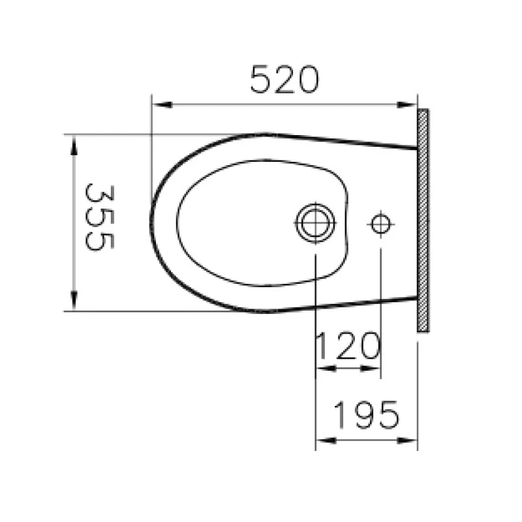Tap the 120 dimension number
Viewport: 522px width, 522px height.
click(347, 346)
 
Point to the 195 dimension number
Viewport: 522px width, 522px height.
click(365, 415)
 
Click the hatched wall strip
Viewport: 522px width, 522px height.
click(423, 221)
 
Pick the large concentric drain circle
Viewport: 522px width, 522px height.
click(315, 223)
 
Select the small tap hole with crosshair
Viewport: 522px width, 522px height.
click(380, 224)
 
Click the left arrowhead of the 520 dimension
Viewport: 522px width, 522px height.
click(157, 104)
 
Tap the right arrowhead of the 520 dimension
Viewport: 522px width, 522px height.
click(410, 104)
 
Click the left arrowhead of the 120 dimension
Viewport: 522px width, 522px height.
click(322, 369)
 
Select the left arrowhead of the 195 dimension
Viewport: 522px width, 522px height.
click(322, 440)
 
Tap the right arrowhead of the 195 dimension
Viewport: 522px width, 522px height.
click(411, 440)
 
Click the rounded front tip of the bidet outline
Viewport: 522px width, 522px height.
click(152, 222)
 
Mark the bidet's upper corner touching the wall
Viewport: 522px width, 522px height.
click(416, 149)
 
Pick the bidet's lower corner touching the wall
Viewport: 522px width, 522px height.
click(416, 298)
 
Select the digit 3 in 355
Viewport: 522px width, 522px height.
click(100, 194)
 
